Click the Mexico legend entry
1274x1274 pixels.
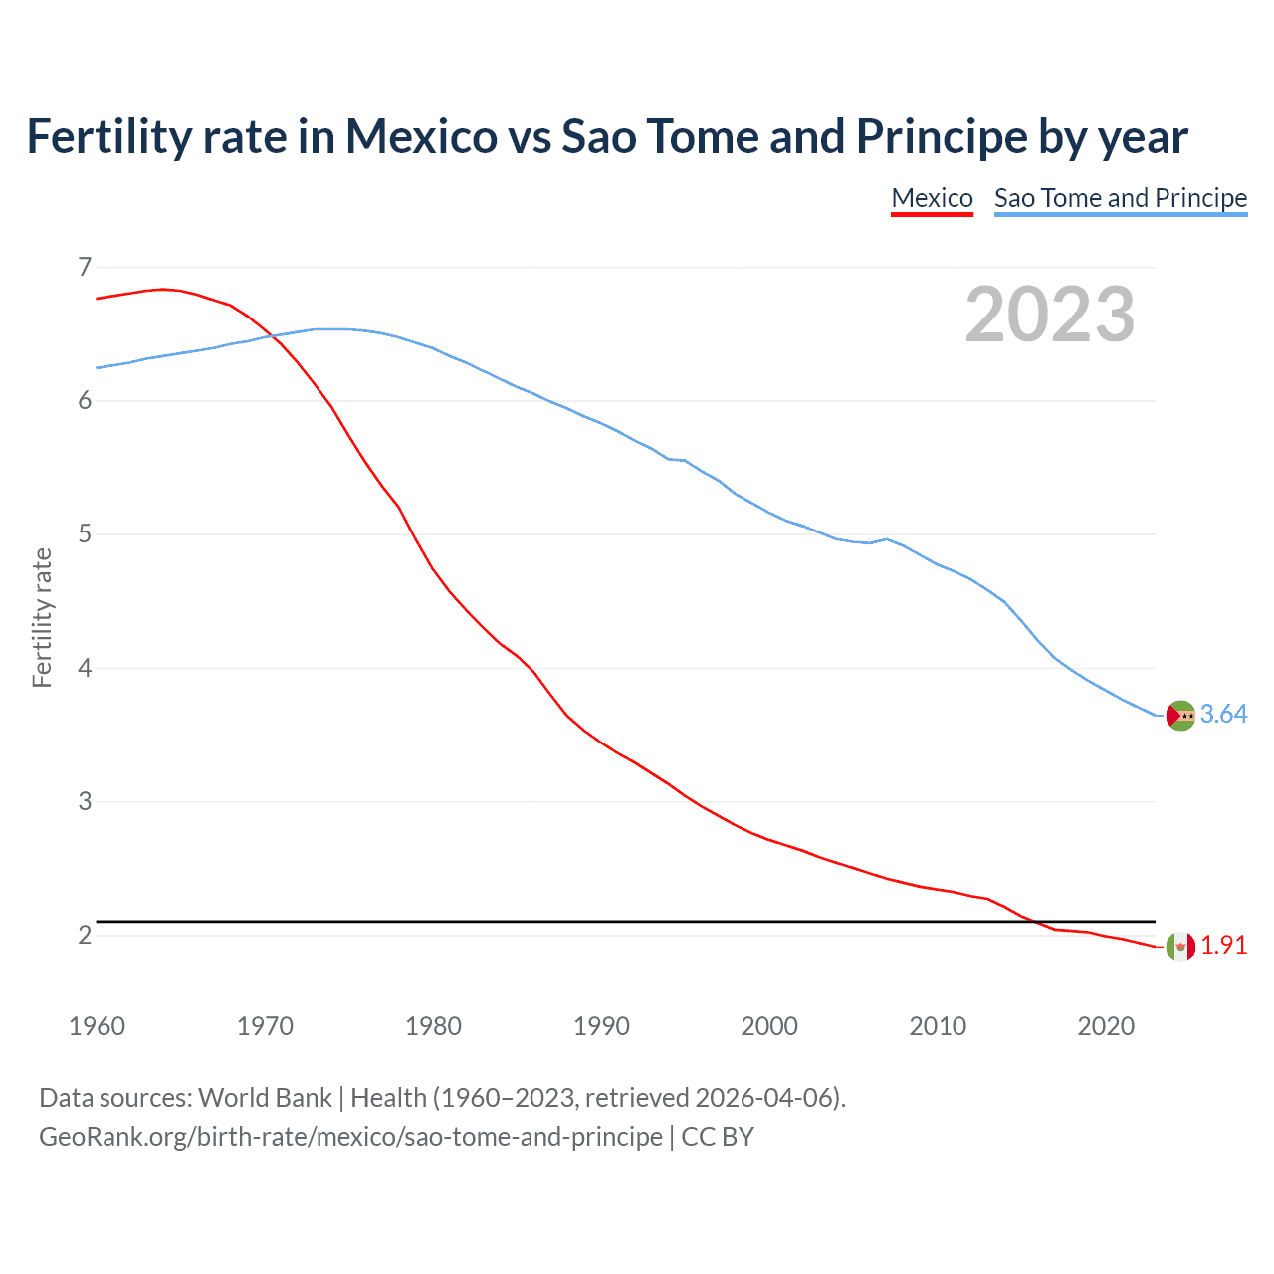point(932,198)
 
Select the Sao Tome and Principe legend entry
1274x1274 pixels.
point(1120,198)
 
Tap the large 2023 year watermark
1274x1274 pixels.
point(1049,315)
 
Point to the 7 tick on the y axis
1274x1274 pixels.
point(85,267)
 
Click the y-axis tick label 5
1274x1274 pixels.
point(85,534)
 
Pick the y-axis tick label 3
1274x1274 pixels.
point(85,801)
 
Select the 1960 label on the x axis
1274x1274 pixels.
point(97,1026)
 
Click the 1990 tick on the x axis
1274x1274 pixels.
point(601,1026)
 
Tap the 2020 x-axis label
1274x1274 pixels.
point(1106,1026)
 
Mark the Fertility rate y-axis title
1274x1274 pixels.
point(42,617)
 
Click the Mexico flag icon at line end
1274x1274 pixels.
point(1180,946)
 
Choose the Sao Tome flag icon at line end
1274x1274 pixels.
point(1180,715)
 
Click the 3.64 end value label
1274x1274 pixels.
point(1223,715)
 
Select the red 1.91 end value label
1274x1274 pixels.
point(1223,946)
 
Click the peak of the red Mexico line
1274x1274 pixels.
point(164,289)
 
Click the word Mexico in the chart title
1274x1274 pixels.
point(421,137)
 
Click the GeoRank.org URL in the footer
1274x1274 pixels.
point(350,1137)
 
